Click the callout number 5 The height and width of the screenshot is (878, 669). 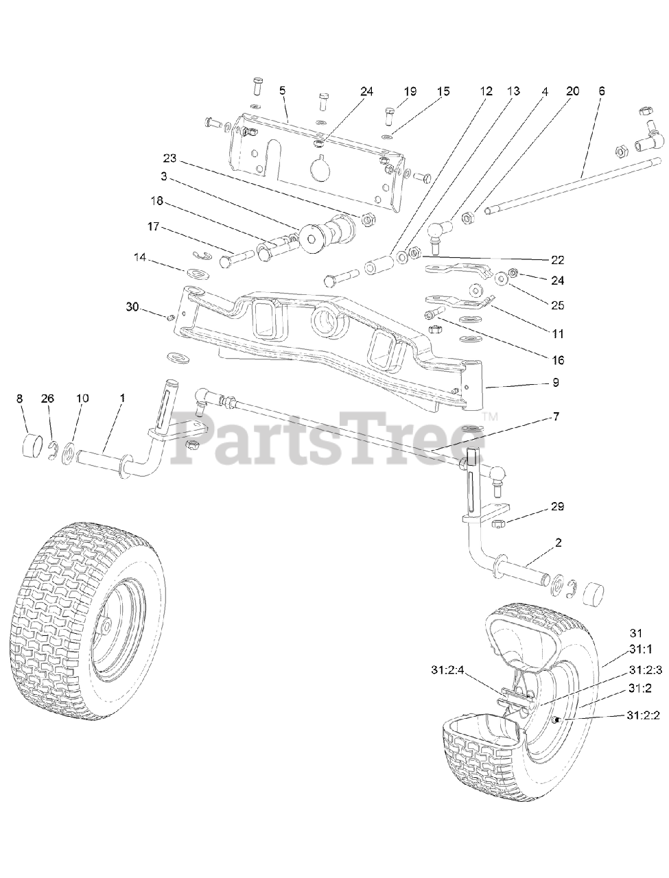click(281, 91)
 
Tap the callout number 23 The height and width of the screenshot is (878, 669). click(169, 159)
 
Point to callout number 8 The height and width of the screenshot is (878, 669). click(19, 398)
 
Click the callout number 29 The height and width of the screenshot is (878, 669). click(557, 507)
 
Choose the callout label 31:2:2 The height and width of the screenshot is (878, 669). click(643, 715)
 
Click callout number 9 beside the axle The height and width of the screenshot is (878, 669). click(555, 382)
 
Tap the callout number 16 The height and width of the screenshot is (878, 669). click(557, 359)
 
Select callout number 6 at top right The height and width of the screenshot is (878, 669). click(602, 91)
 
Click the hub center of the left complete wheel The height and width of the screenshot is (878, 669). click(104, 626)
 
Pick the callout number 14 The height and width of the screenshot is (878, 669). click(140, 257)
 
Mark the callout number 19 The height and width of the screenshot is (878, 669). click(410, 91)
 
